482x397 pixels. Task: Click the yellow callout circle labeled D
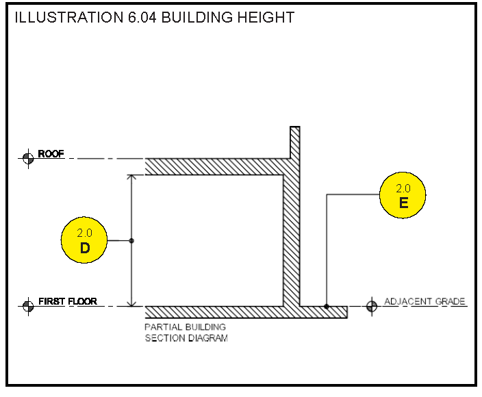(85, 240)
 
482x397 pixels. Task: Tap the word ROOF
(51, 154)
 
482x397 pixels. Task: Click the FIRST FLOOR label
(67, 301)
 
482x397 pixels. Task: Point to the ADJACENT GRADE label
(424, 301)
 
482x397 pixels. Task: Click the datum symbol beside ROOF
(28, 159)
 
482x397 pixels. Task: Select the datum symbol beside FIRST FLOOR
(28, 306)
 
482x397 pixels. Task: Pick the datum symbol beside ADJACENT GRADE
(372, 306)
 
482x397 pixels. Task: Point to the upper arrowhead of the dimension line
(131, 178)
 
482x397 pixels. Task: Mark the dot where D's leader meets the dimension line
(131, 240)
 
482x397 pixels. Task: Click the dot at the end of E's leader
(327, 306)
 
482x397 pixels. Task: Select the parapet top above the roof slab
(295, 130)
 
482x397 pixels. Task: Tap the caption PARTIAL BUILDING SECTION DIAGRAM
(186, 333)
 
